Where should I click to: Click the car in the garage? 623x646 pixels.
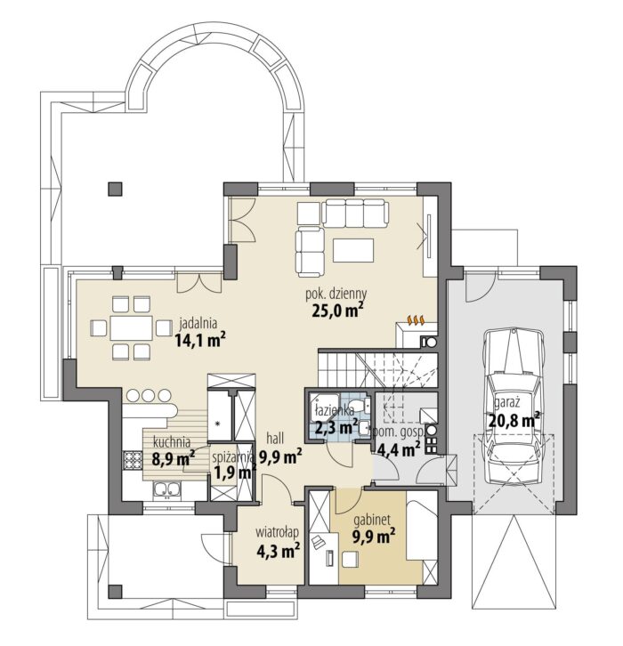513,406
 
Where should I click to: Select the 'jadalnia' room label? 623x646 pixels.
198,323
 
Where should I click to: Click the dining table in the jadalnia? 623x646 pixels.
132,328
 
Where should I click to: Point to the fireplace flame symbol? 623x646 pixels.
416,319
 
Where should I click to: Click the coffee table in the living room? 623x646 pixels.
353,250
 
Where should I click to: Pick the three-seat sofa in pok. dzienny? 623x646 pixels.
355,213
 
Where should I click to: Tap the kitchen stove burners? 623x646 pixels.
133,460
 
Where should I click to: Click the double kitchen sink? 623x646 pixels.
167,490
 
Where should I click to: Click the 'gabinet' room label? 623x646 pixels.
372,521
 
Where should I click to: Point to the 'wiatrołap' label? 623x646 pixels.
277,532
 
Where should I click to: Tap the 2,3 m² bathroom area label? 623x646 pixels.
336,426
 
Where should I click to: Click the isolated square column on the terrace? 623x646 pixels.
115,189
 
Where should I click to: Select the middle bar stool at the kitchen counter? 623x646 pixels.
149,395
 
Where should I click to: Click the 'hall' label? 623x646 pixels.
275,438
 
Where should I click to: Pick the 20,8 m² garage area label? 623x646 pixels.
514,420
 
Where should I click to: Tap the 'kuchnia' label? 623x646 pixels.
172,443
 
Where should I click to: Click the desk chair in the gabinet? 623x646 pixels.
351,559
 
